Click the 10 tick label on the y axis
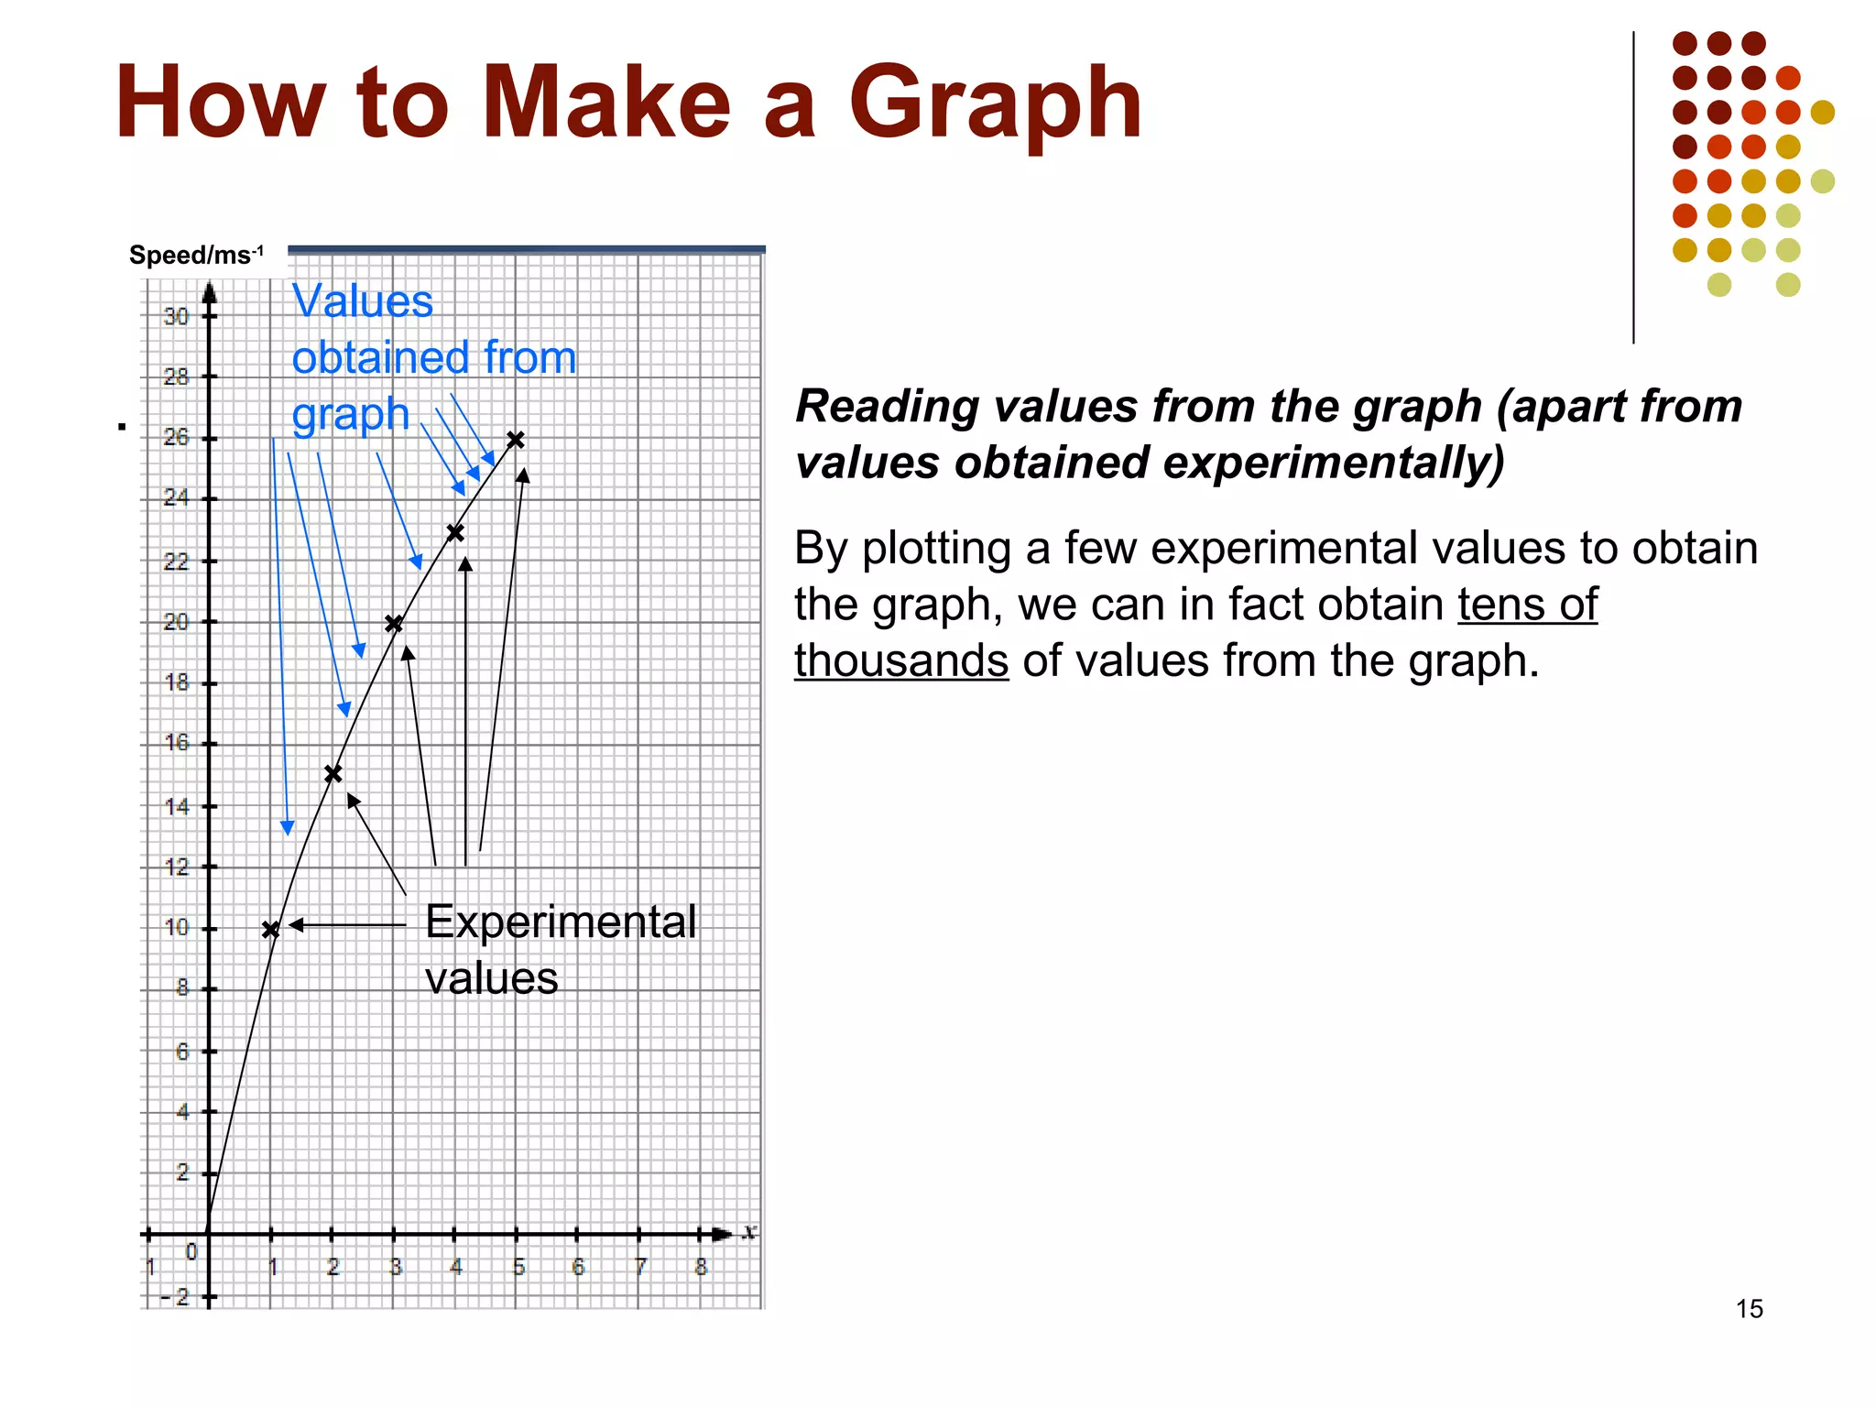pos(176,927)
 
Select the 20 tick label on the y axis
pos(176,622)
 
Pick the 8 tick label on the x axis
pos(701,1267)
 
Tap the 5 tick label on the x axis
pos(518,1267)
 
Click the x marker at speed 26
pos(516,440)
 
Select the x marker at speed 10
pos(271,930)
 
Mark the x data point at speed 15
pos(333,774)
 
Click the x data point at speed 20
pos(394,624)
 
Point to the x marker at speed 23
pos(455,532)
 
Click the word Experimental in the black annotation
pos(561,922)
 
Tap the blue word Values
pos(362,301)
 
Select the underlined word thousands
pos(901,660)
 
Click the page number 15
pos(1749,1309)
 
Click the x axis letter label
pos(749,1231)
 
